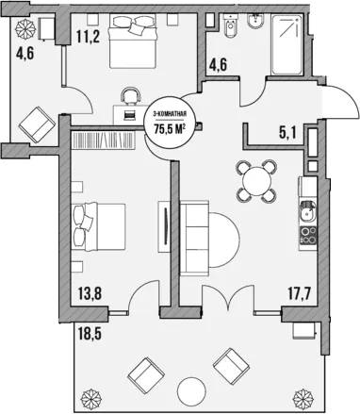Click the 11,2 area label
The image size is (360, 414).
[88, 37]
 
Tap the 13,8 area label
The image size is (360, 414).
[90, 293]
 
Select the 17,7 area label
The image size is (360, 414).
[299, 294]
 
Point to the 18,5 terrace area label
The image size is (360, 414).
[90, 334]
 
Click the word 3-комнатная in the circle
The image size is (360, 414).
[170, 114]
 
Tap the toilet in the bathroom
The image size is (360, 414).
[231, 25]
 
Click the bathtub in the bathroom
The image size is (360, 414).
[287, 44]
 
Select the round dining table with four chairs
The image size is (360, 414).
[257, 181]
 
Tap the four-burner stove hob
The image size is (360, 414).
[308, 236]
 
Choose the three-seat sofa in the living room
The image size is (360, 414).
[194, 239]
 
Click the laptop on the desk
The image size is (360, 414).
[129, 115]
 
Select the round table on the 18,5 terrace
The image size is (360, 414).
[191, 391]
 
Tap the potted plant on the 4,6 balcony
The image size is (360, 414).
[25, 27]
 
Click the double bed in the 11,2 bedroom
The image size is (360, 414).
[132, 41]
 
